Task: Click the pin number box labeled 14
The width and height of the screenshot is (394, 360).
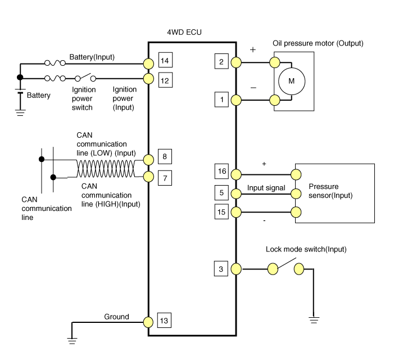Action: [164, 60]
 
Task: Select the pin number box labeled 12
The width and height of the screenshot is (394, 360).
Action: [164, 80]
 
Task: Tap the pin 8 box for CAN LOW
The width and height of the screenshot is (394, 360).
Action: [164, 156]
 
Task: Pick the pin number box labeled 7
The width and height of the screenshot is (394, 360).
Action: [164, 178]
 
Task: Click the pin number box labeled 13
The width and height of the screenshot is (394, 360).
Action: [164, 321]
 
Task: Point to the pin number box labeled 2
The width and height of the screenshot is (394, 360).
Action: [221, 62]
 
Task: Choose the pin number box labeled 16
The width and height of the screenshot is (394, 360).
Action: [221, 172]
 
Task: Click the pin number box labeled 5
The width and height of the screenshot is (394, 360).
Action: [221, 193]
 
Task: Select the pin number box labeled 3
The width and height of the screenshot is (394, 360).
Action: [221, 269]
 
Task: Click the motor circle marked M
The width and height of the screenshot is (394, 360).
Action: [291, 81]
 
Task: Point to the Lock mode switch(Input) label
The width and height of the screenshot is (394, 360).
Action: [305, 249]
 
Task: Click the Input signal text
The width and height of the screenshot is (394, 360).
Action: [266, 188]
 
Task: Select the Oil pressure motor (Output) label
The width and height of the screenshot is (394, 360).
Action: [318, 43]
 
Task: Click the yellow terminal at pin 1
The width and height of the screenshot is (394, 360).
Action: [236, 100]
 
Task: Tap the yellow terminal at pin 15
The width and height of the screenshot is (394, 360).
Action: [236, 212]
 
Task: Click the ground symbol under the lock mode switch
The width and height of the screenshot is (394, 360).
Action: [314, 320]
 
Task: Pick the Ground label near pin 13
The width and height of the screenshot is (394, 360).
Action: [116, 317]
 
